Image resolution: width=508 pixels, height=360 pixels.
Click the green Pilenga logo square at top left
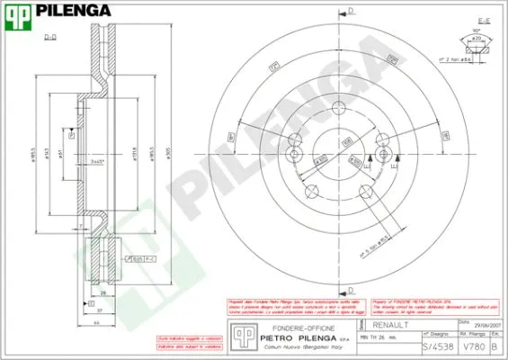[18, 18]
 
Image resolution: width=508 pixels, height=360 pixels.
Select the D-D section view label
[50, 38]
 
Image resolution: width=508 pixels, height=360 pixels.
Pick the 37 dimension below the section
[101, 308]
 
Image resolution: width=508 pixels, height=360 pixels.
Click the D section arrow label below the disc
[352, 290]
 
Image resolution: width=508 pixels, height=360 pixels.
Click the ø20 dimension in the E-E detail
[477, 39]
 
